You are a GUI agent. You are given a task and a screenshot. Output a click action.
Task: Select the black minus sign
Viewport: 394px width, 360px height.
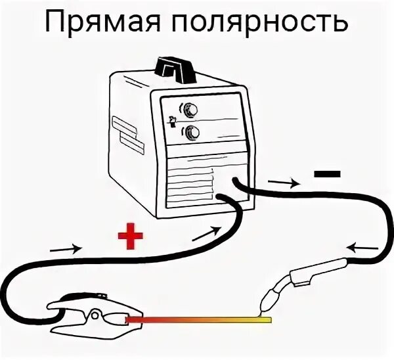click(x=327, y=174)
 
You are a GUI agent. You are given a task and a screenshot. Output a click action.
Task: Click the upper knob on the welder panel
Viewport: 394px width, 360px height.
click(x=191, y=109)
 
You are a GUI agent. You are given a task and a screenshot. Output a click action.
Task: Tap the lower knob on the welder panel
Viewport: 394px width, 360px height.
click(x=191, y=132)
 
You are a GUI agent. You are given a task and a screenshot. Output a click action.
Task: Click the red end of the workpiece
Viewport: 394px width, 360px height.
click(x=138, y=320)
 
